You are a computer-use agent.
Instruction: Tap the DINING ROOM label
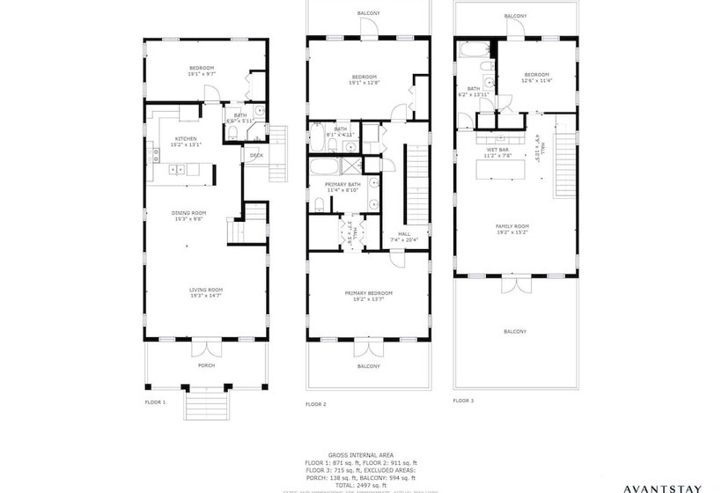click(188, 215)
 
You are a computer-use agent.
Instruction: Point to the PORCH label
click(207, 364)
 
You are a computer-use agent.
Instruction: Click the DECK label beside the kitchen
click(256, 156)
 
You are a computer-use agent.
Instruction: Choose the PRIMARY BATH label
click(342, 187)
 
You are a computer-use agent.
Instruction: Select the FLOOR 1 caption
click(155, 401)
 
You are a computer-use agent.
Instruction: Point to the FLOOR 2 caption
click(316, 404)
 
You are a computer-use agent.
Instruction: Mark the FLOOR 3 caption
click(463, 400)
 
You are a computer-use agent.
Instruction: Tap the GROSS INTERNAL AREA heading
click(360, 456)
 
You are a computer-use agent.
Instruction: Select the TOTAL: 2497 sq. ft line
click(360, 485)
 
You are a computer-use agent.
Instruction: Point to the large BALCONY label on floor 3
click(515, 331)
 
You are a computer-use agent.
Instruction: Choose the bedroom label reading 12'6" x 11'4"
click(536, 77)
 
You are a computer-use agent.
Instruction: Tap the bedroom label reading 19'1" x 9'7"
click(203, 71)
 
